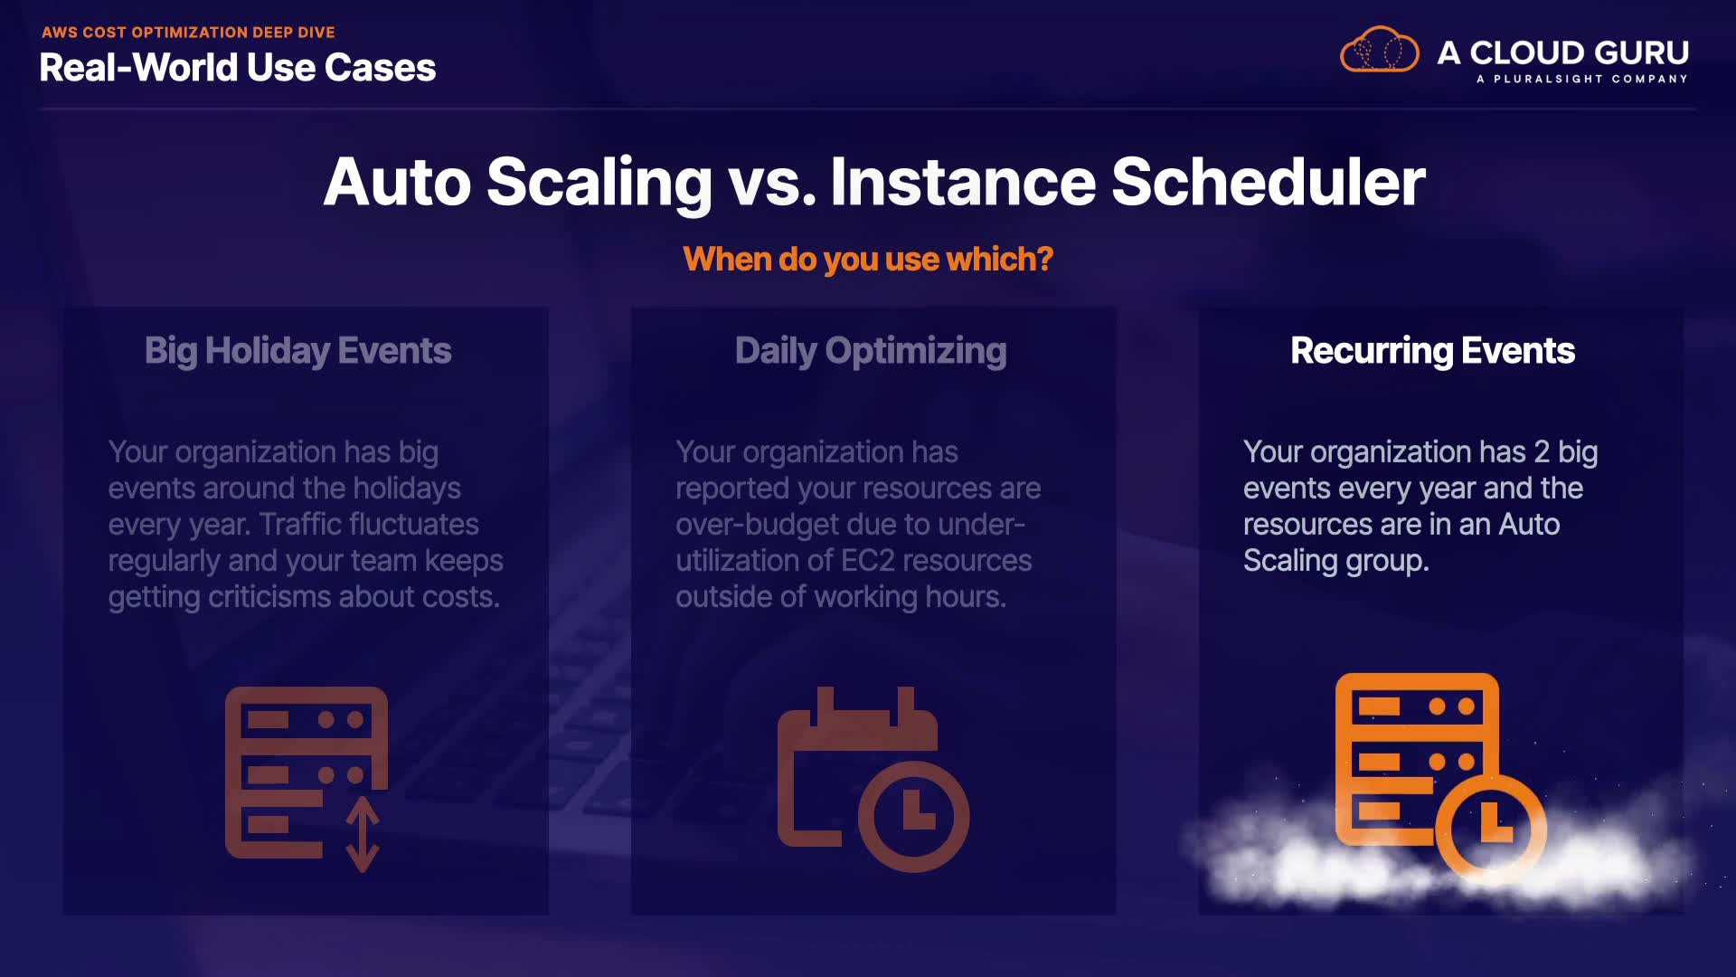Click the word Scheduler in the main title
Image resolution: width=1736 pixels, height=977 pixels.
tap(1268, 182)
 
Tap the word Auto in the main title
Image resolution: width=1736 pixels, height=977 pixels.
tap(398, 182)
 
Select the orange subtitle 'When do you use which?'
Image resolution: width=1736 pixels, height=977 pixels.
tap(868, 260)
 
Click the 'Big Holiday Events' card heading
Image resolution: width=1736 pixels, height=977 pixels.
tap(298, 351)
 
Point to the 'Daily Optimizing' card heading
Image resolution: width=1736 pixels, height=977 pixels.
tap(871, 351)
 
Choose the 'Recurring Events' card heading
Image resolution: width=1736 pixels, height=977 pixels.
tap(1433, 351)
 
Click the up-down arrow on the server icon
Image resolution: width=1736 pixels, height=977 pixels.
tap(363, 833)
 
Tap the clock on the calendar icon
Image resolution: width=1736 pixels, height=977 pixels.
tap(913, 815)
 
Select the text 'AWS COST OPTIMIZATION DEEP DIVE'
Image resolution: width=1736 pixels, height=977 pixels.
tap(188, 33)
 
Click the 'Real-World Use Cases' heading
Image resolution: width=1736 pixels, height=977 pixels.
tap(238, 68)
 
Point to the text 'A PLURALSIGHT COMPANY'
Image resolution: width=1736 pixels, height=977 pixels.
tap(1582, 79)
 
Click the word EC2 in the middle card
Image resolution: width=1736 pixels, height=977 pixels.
tap(867, 561)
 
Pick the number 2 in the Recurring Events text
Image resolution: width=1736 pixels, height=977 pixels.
tap(1542, 452)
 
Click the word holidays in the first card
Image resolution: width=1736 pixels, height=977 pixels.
tap(407, 488)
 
